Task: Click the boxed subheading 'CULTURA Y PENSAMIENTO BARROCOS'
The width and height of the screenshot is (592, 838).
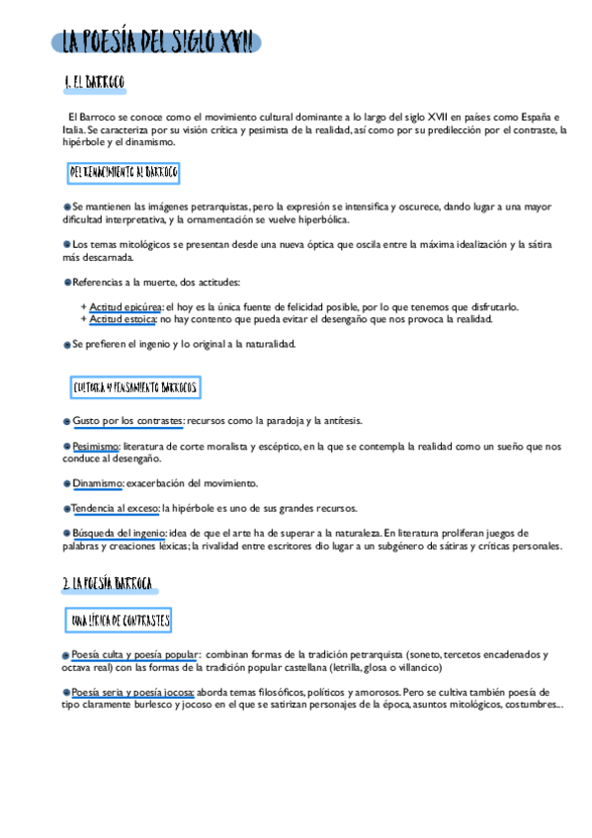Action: pos(135,386)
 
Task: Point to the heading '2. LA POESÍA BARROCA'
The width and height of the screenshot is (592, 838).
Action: pos(107,585)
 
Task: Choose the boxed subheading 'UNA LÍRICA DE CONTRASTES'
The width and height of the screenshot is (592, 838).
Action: pos(121,620)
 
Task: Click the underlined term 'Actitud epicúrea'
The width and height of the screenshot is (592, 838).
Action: pos(126,306)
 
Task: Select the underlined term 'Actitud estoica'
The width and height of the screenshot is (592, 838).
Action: pos(123,319)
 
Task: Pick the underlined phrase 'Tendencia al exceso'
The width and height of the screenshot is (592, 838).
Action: pos(115,508)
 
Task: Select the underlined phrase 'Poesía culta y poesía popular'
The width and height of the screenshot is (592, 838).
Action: pos(134,654)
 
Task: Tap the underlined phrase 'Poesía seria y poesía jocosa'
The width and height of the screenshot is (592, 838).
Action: pos(132,692)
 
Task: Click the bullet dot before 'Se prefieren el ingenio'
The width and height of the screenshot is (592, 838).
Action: pos(66,344)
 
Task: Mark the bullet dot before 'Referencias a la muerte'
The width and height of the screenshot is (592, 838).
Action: pos(66,283)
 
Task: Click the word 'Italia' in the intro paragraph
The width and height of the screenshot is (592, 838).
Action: pos(72,129)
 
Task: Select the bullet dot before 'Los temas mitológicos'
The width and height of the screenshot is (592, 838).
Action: pos(66,244)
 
